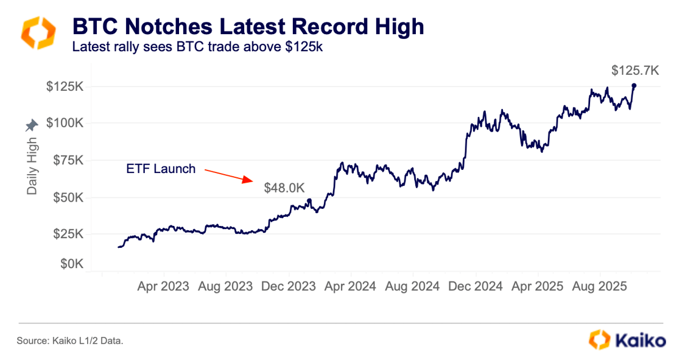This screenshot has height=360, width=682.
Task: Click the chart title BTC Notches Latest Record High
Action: tap(248, 26)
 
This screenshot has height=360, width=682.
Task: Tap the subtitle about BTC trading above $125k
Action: tap(196, 46)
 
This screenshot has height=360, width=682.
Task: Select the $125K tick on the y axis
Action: tap(65, 86)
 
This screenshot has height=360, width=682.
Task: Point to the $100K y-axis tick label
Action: tap(65, 123)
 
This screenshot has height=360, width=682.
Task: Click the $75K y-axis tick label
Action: tap(68, 160)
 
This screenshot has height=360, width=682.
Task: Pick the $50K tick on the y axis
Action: tap(68, 197)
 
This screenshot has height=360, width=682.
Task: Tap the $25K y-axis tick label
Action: tap(68, 235)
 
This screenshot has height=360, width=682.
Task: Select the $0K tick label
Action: tap(71, 264)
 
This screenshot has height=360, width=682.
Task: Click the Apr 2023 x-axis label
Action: tap(163, 286)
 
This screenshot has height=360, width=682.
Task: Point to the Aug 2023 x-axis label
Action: tap(225, 286)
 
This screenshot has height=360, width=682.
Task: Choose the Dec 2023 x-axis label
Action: tap(288, 286)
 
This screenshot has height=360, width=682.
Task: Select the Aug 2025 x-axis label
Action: tap(600, 286)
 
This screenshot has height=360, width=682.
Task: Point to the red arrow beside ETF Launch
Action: tap(228, 175)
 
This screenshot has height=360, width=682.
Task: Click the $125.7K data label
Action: tap(635, 71)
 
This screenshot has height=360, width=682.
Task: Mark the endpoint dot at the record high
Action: tap(634, 85)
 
